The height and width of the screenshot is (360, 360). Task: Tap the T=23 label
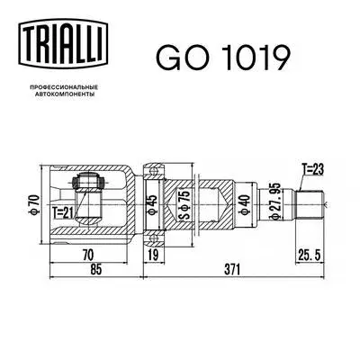(x=312, y=168)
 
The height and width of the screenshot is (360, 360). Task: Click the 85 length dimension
(x=88, y=267)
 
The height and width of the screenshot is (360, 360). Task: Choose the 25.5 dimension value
(x=310, y=254)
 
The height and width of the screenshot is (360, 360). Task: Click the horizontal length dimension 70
(x=87, y=254)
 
